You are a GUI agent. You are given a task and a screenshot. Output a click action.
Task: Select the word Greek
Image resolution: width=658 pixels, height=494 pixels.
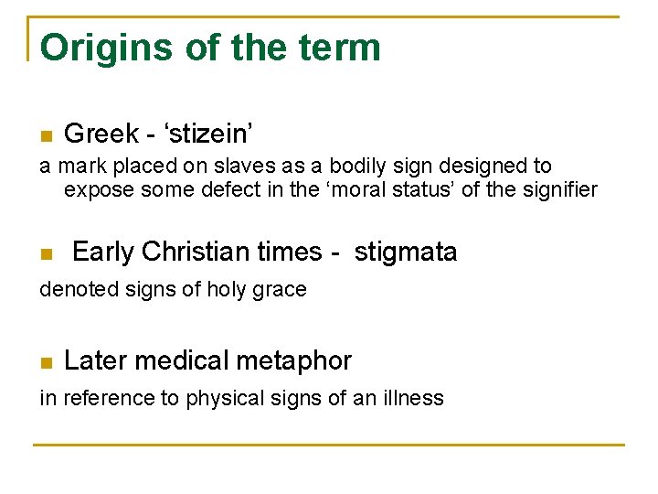coord(101,134)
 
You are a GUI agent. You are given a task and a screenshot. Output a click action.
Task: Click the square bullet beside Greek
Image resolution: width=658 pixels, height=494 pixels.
coord(46,136)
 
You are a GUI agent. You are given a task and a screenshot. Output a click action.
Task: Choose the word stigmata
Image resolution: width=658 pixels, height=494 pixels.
coord(405,252)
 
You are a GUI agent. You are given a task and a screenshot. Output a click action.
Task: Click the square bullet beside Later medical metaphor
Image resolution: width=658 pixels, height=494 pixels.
coord(46,363)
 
